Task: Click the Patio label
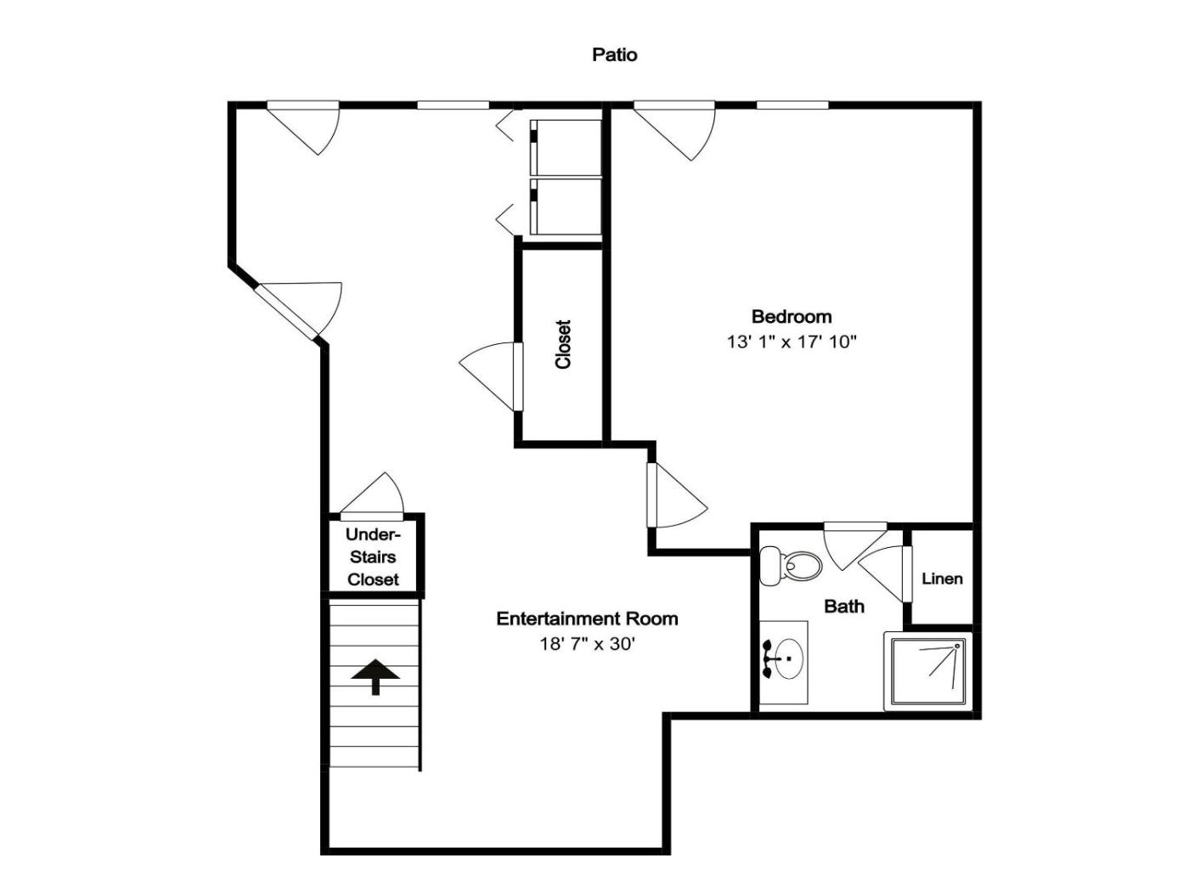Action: (x=614, y=54)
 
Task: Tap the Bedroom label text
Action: (x=792, y=316)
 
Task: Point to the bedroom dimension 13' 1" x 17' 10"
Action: (x=792, y=342)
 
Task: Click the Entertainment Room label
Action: (x=587, y=618)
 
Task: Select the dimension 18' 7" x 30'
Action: (x=587, y=644)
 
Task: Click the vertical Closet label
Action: (x=563, y=344)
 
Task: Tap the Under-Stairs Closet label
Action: (x=373, y=556)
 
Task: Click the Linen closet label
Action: (x=943, y=579)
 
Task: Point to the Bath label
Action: (x=844, y=607)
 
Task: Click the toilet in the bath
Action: (x=791, y=566)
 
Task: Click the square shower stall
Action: (x=928, y=671)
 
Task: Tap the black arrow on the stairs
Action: (x=375, y=676)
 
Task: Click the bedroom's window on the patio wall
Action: (x=792, y=105)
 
